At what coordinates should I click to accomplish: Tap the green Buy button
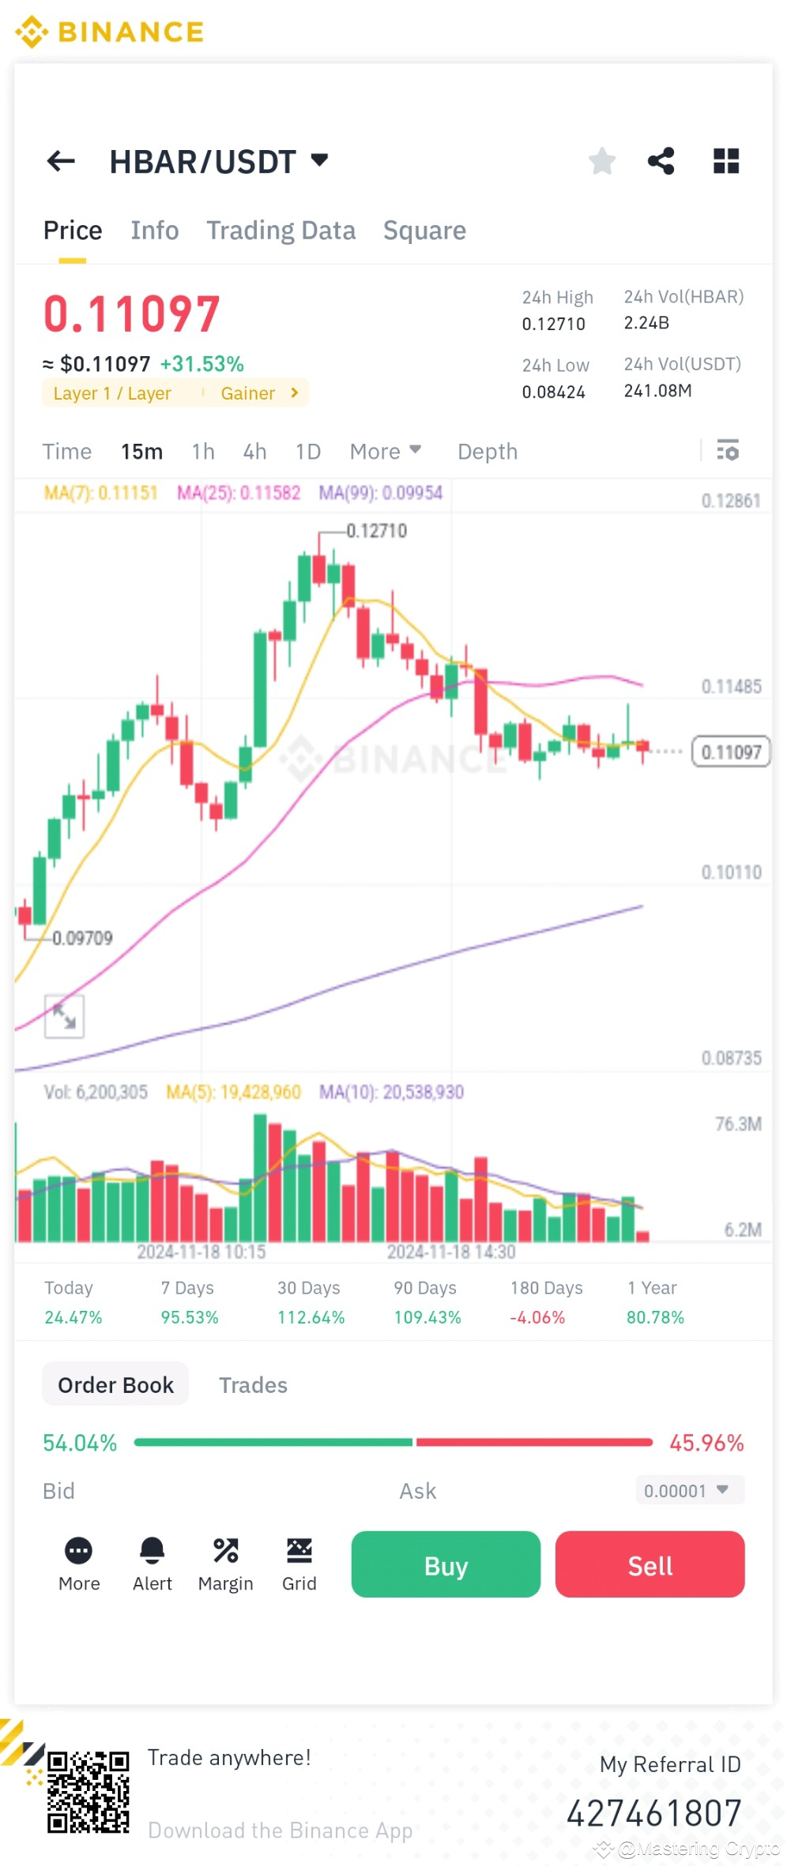pos(446,1564)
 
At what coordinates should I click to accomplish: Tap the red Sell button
pos(650,1564)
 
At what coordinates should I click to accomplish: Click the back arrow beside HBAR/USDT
pos(61,161)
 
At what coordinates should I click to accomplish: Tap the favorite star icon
pos(602,161)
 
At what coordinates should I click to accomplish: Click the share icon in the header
pos(661,161)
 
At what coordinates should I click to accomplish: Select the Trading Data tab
pos(281,230)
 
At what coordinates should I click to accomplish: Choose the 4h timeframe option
pos(254,451)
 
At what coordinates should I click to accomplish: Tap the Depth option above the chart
pos(488,451)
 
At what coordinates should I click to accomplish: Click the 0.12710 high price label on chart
pos(376,531)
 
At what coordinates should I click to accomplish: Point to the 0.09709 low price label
pos(82,938)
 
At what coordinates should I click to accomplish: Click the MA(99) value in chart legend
pos(381,493)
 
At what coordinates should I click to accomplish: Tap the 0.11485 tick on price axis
pos(731,686)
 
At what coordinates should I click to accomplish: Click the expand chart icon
pos(64,1016)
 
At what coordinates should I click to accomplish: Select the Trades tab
pos(253,1385)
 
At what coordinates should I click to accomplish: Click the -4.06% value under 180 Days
pos(537,1317)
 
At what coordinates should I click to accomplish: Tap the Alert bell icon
pos(152,1551)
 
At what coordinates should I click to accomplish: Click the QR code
pos(88,1791)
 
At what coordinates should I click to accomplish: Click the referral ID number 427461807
pos(653,1813)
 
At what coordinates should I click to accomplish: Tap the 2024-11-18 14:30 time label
pos(450,1252)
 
